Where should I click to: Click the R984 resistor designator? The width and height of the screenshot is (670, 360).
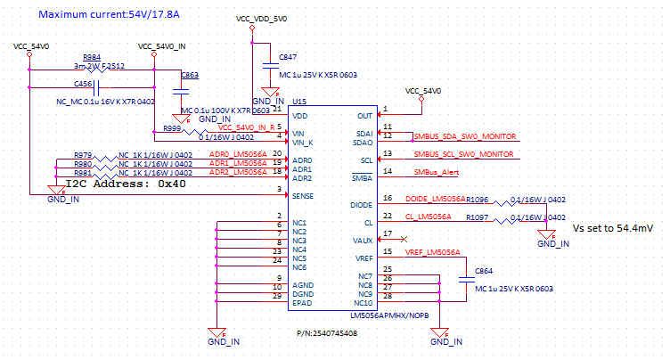(92, 56)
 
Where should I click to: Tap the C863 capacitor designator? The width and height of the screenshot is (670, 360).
(189, 76)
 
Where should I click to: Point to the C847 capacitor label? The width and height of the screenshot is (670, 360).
(288, 56)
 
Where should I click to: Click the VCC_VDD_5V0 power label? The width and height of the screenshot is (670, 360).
(262, 19)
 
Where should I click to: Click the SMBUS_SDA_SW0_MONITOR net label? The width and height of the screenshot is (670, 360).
(465, 136)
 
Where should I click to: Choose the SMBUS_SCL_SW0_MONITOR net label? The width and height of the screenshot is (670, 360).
(465, 154)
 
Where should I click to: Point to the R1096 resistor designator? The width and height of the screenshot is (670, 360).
(477, 200)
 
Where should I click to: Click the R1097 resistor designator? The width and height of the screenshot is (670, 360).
(477, 217)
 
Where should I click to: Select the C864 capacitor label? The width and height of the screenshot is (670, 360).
(484, 269)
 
